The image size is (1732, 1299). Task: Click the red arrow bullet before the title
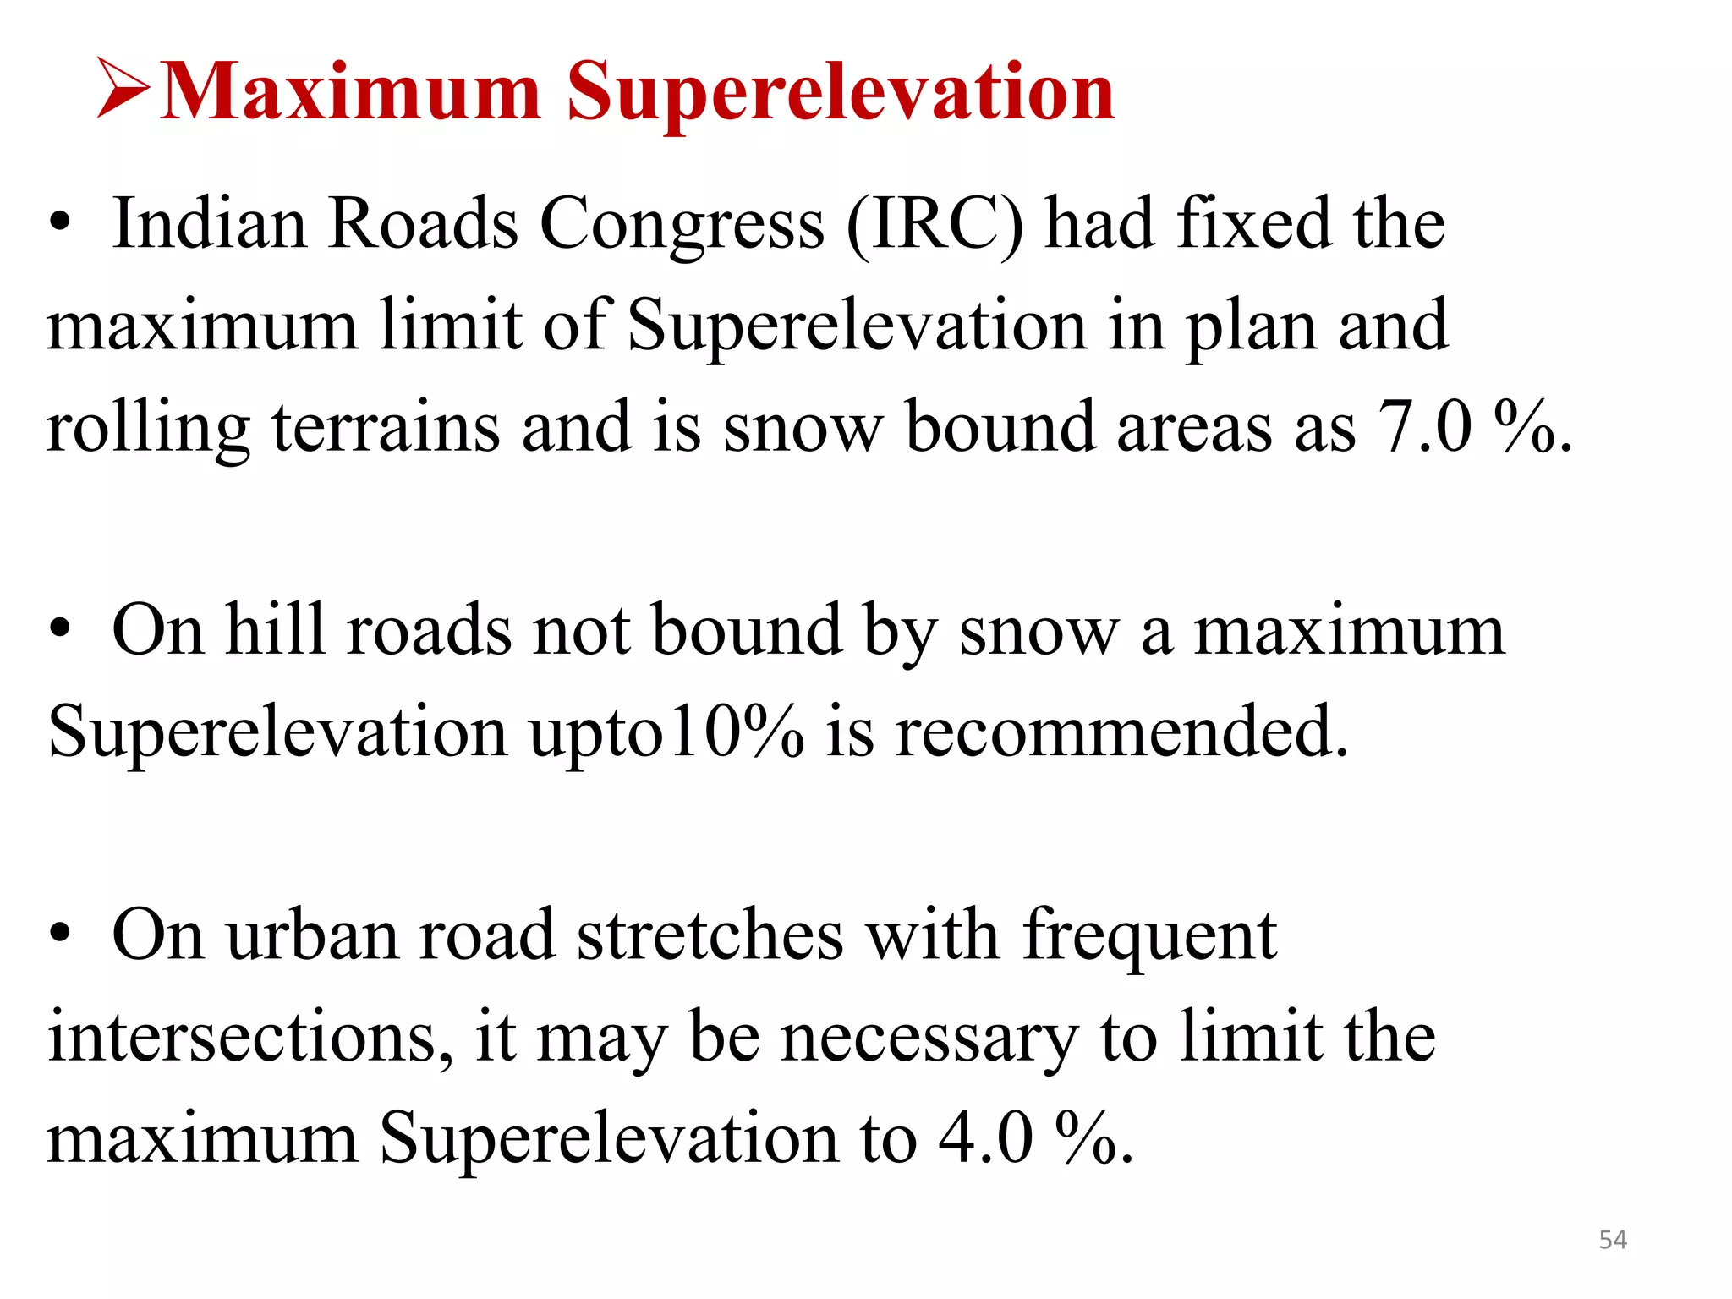123,87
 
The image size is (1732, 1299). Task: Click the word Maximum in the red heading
350,91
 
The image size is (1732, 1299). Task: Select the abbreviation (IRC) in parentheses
935,225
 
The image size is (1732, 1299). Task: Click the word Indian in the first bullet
210,223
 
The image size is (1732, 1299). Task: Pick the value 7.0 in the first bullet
1425,427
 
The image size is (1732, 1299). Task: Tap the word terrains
386,428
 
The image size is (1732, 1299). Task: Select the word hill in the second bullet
276,630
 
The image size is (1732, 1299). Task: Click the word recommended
1121,732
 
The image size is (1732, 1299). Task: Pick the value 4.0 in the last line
986,1138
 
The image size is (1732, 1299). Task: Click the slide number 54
1613,1240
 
